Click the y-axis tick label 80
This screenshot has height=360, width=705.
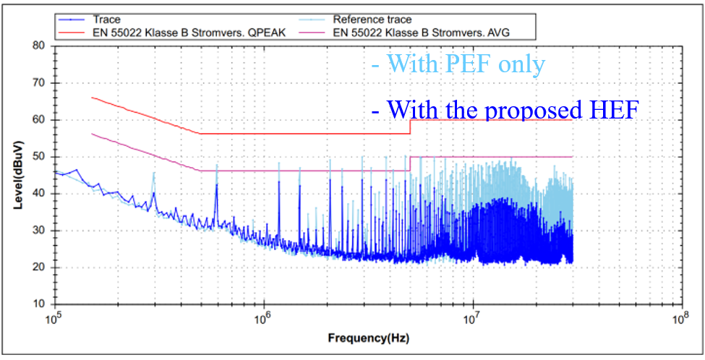pos(38,46)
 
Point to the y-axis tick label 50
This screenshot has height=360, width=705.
pos(38,156)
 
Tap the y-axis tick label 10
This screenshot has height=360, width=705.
pos(38,304)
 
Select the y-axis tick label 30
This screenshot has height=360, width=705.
pos(38,231)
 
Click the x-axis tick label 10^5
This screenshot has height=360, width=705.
pos(54,318)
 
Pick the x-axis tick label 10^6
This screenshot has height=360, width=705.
pos(263,318)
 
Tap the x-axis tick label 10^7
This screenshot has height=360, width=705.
pos(472,318)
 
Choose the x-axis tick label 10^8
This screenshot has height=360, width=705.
pos(680,318)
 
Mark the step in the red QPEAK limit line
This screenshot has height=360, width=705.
pos(410,127)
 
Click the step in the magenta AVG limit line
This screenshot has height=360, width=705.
pos(410,163)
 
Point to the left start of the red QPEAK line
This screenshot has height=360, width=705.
pos(92,97)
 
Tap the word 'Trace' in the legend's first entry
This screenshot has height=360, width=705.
pos(106,20)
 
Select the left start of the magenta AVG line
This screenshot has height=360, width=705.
pos(92,134)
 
